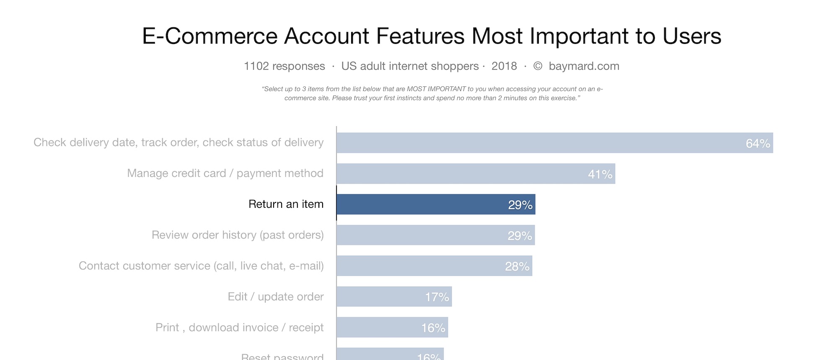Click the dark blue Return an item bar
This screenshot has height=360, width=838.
tap(436, 204)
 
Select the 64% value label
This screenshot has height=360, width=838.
tap(758, 143)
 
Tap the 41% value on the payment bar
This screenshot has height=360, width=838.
tap(600, 174)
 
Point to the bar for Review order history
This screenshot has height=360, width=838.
tap(435, 235)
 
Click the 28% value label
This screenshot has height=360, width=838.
tap(517, 266)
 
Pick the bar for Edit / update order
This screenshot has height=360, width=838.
tap(394, 297)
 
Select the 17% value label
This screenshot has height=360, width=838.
tap(437, 297)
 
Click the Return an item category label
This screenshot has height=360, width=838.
tap(286, 204)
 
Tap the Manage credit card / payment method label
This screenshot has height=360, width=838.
tap(225, 173)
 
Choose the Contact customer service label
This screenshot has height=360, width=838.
tap(201, 266)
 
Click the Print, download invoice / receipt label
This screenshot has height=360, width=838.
tap(239, 327)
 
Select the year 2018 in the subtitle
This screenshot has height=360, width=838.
tap(504, 66)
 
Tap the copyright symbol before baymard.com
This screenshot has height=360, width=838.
tap(538, 66)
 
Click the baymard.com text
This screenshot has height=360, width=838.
tap(584, 66)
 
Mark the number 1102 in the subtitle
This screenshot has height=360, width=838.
tap(256, 66)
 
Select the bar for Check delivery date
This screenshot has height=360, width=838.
tap(554, 143)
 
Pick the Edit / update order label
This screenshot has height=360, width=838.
tap(275, 297)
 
